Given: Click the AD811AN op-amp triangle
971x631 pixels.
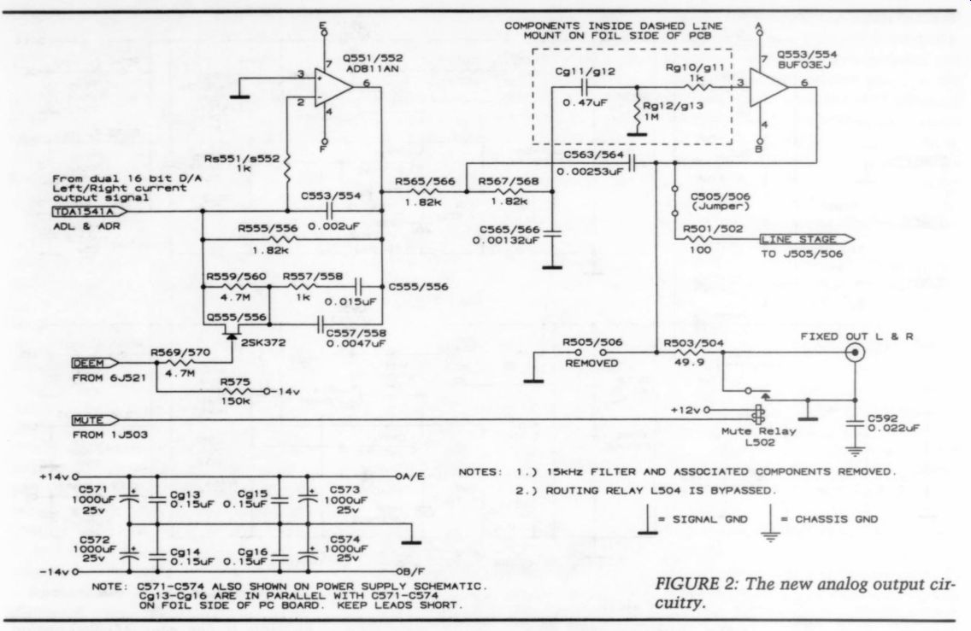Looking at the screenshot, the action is click(x=332, y=87).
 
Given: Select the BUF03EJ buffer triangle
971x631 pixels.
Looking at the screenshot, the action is click(x=768, y=87).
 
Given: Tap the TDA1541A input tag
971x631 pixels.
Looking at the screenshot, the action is click(x=90, y=212).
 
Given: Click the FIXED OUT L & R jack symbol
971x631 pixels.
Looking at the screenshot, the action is click(x=856, y=353).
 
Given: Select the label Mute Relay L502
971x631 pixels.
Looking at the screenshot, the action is click(x=759, y=437).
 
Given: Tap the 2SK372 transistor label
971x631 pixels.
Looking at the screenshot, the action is click(x=263, y=342).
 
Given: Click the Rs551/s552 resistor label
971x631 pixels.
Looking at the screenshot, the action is click(x=242, y=159).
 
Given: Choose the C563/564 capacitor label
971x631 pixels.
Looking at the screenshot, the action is click(x=593, y=155).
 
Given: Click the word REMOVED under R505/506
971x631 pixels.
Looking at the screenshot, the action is click(x=591, y=363).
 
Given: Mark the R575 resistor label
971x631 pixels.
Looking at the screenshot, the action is click(x=235, y=383).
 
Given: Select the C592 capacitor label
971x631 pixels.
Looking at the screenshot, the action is click(x=882, y=418).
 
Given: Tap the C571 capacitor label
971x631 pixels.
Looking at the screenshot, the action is click(x=93, y=489).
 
